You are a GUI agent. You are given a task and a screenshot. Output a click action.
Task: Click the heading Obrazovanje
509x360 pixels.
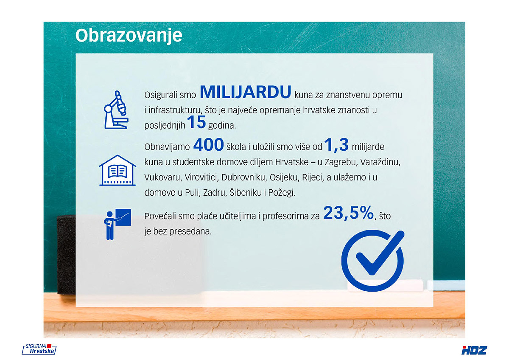(129, 36)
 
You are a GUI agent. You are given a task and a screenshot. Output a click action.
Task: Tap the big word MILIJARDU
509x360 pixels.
(246, 92)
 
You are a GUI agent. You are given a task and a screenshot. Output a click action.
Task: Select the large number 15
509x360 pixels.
(196, 122)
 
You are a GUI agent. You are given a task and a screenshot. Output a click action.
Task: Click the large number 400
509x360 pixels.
(209, 145)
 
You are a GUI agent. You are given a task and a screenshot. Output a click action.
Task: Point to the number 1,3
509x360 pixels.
(336, 145)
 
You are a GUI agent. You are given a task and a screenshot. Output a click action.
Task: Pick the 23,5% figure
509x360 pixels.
(349, 213)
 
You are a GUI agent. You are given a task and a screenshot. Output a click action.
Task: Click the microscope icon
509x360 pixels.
(116, 110)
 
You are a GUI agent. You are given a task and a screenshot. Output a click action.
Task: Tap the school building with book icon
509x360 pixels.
(117, 170)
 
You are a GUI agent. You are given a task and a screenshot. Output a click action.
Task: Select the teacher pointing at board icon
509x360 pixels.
(117, 224)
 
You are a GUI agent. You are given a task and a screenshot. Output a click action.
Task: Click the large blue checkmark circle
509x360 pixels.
(373, 260)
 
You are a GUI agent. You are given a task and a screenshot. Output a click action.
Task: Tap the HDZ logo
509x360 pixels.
(474, 350)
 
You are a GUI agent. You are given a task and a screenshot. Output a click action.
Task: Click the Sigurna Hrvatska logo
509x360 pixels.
(39, 349)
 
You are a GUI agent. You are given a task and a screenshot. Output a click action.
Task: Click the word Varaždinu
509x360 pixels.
(380, 162)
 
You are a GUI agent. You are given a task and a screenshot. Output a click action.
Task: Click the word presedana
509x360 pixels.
(190, 231)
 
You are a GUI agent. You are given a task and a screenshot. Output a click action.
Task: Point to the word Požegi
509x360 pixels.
(282, 193)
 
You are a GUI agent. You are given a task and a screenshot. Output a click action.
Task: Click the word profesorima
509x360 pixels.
(291, 216)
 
